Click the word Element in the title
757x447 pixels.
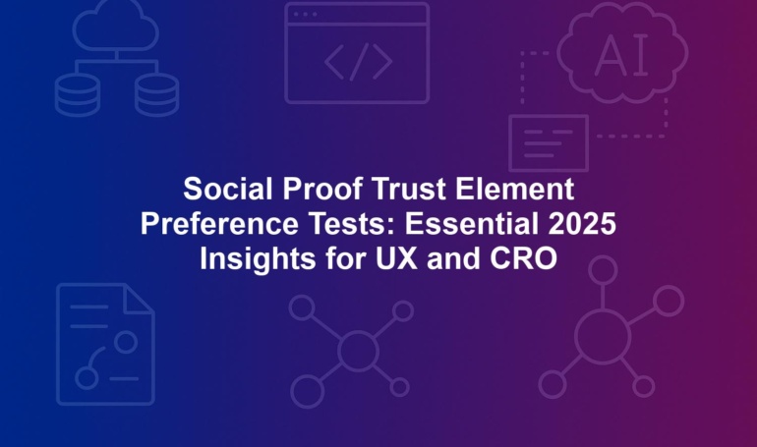[514, 189]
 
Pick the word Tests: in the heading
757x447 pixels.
[351, 224]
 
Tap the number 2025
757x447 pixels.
[582, 224]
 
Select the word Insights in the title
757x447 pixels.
[258, 259]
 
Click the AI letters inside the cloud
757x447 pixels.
[622, 56]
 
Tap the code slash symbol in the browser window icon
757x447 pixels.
[359, 62]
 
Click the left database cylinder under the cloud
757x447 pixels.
[78, 95]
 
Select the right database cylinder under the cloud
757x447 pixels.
[156, 95]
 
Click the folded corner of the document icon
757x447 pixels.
[139, 300]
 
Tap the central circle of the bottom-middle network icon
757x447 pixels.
[358, 351]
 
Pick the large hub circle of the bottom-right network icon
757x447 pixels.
[603, 337]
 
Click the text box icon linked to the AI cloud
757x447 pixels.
[549, 143]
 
